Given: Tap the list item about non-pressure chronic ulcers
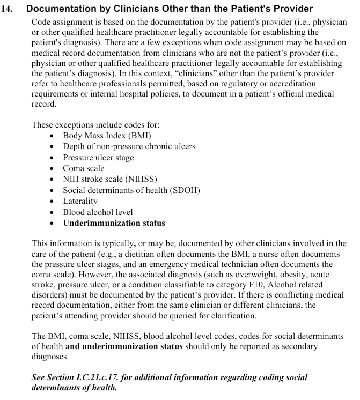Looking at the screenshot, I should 129,146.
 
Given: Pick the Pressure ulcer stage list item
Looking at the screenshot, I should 98,158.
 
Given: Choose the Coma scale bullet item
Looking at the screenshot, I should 83,168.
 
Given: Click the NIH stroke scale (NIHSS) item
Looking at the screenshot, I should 109,179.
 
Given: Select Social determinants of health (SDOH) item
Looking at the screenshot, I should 131,190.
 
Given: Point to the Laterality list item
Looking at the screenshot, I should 80,201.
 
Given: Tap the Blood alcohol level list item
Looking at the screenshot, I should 98,212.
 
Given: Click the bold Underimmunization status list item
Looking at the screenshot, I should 114,223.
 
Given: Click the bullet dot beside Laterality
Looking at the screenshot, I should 52,202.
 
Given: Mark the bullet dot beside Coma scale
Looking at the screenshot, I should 52,169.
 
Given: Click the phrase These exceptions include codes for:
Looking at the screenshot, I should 95,125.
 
